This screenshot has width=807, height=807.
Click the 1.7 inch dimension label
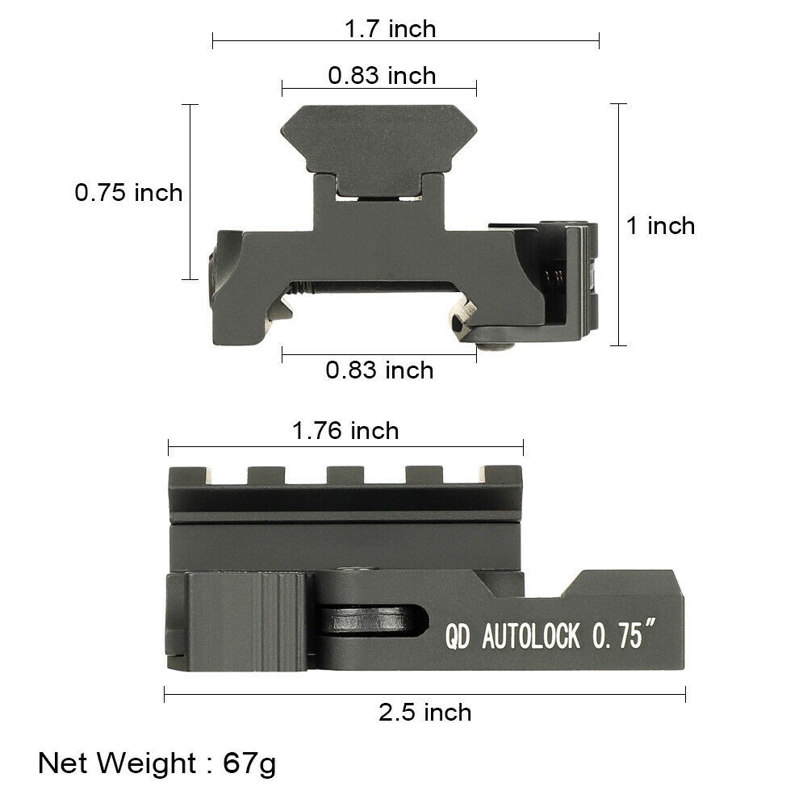(390, 29)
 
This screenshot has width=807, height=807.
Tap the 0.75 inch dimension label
(129, 193)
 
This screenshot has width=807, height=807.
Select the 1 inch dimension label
(660, 225)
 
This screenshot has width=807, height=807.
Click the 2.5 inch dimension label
(424, 713)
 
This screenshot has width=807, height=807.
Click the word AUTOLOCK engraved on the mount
(531, 638)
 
